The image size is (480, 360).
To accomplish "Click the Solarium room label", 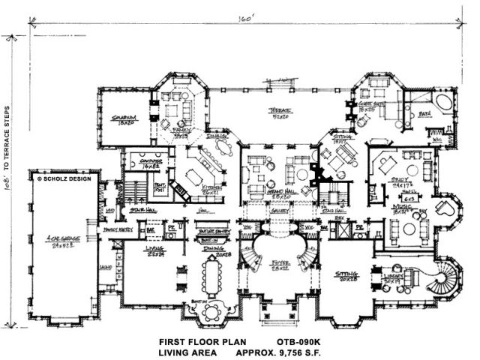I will [123, 118].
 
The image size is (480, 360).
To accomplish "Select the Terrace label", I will [281, 112].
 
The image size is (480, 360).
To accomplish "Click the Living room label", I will [154, 251].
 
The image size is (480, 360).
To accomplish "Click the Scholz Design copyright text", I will [64, 180].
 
